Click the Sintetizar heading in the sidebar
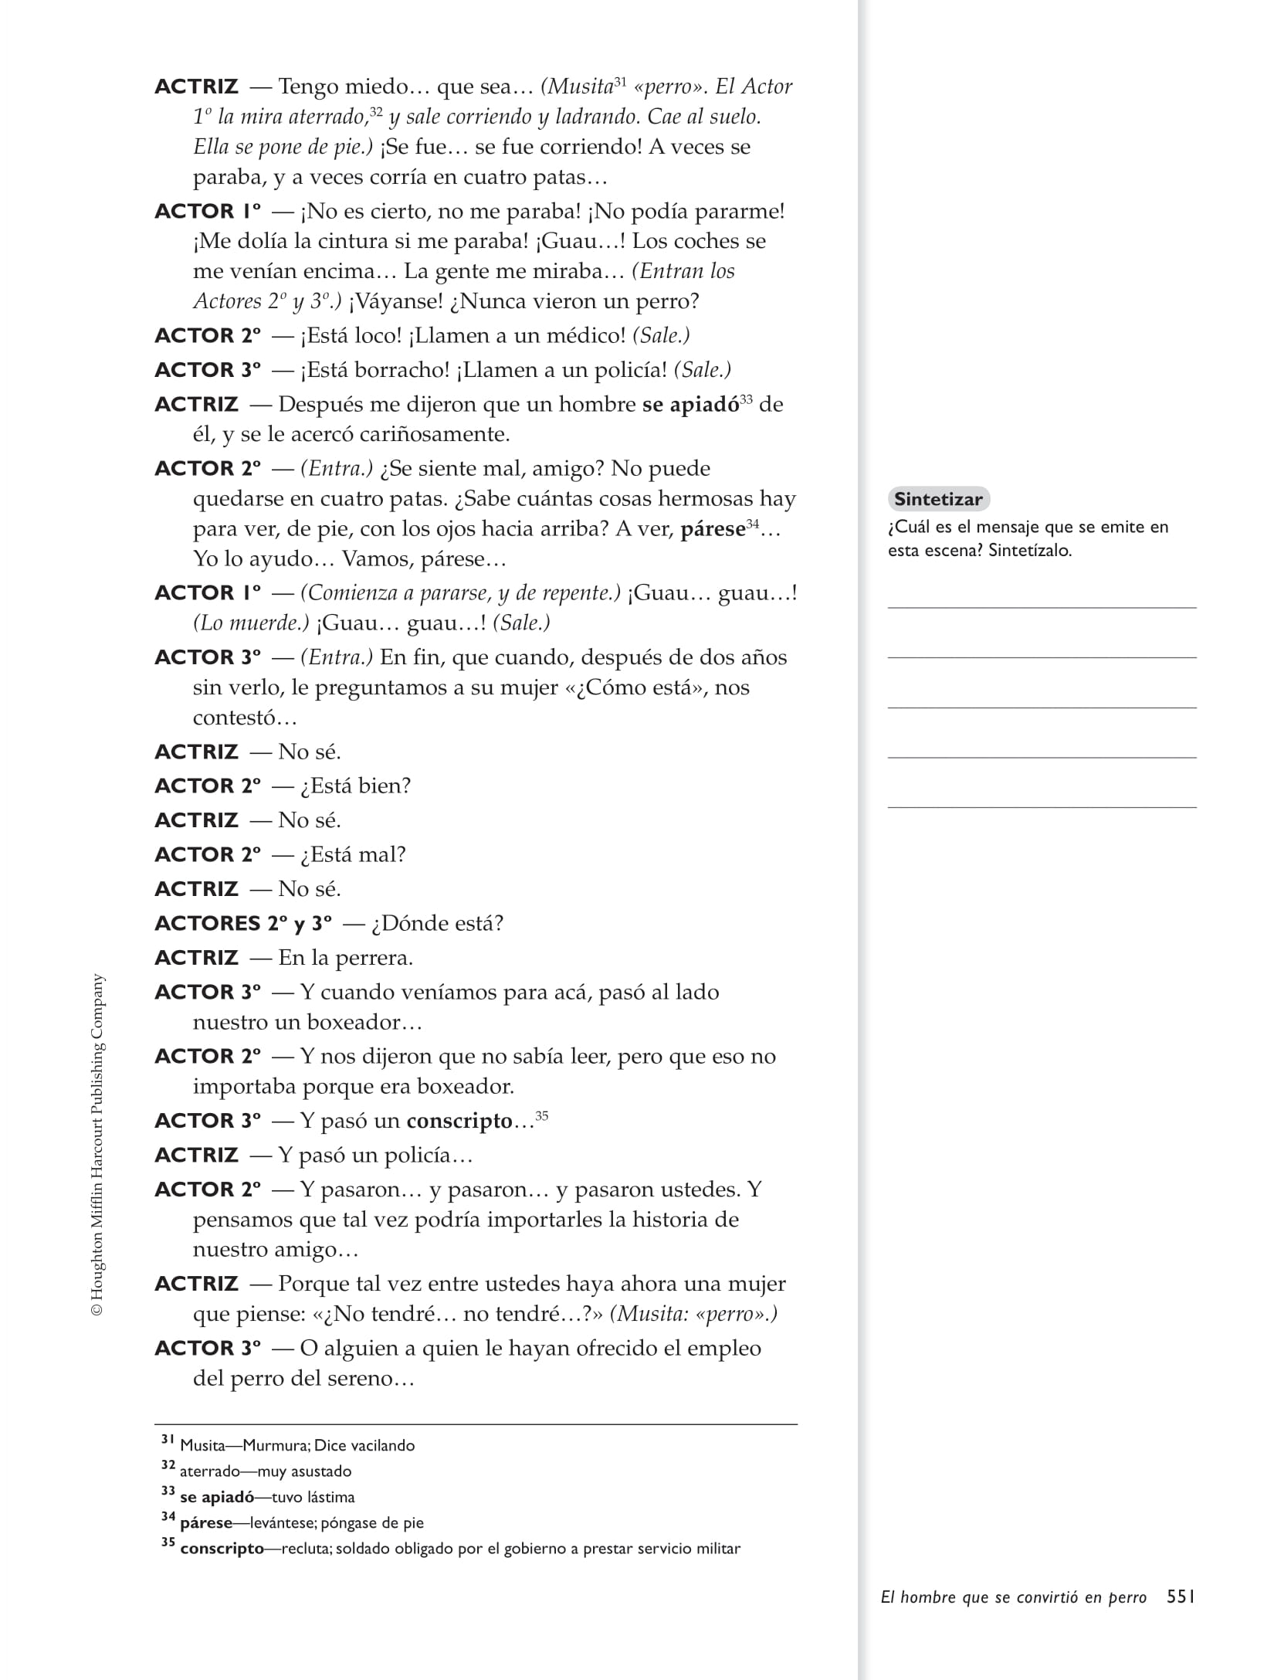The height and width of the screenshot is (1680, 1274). pyautogui.click(x=938, y=499)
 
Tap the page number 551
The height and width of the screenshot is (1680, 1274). pyautogui.click(x=1181, y=1597)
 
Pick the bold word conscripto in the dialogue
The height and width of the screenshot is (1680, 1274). pyautogui.click(x=459, y=1121)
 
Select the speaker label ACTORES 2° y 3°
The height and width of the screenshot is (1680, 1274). pyautogui.click(x=243, y=924)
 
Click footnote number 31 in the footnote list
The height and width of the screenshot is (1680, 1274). pyautogui.click(x=168, y=1440)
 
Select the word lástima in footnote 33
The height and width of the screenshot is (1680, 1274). pyautogui.click(x=330, y=1497)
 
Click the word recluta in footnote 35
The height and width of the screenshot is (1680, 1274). pyautogui.click(x=307, y=1549)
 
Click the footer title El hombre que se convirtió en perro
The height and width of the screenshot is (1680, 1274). pyautogui.click(x=1013, y=1597)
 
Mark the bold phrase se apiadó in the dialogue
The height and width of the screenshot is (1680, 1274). pyautogui.click(x=690, y=405)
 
